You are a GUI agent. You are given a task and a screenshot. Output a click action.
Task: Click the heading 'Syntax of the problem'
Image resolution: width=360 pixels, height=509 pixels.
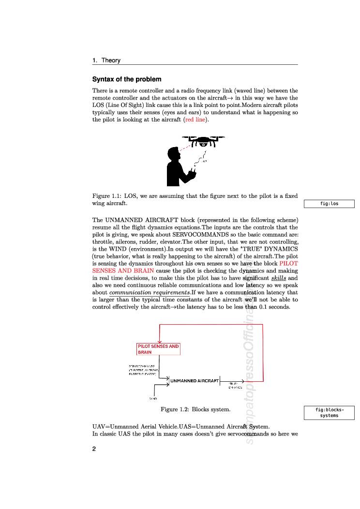coord(127,79)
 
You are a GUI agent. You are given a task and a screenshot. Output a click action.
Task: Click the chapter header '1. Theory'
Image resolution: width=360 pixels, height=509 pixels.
coord(106,60)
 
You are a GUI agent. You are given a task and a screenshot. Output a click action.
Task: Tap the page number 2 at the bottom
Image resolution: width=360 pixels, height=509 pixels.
coord(94,449)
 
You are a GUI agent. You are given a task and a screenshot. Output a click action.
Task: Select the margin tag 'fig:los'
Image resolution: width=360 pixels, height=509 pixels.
coord(329,204)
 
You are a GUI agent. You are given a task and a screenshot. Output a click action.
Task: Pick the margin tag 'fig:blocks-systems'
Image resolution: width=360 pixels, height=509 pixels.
coord(329,412)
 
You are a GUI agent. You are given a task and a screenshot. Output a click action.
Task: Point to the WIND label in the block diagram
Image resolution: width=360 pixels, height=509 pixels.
coord(153,398)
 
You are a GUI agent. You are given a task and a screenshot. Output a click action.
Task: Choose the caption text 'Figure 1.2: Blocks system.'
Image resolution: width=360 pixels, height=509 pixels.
coord(195,409)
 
